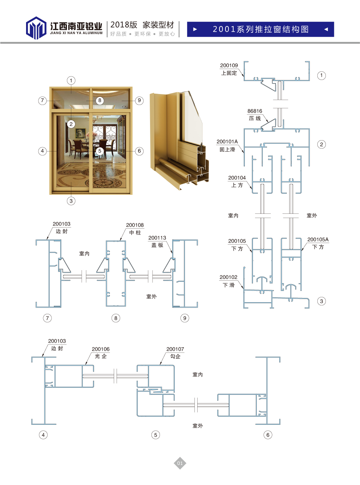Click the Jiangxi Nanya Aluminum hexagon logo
coord(36,28)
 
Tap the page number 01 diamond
coord(180,463)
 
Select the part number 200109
coord(229,66)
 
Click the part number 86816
coord(255,111)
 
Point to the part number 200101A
coord(227,142)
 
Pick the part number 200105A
coord(318,240)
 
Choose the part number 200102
coord(228,277)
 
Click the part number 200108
coord(135,225)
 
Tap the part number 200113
coord(157,238)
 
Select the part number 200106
coord(101,349)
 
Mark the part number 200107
coord(175,349)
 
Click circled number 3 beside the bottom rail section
coord(321,301)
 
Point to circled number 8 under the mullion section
coord(116,318)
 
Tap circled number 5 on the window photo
coord(100,151)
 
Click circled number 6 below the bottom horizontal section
coord(268,435)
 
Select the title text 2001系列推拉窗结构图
coord(261,29)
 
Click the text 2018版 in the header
coord(124,25)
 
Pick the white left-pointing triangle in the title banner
coord(326,29)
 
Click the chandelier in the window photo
coord(94,119)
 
